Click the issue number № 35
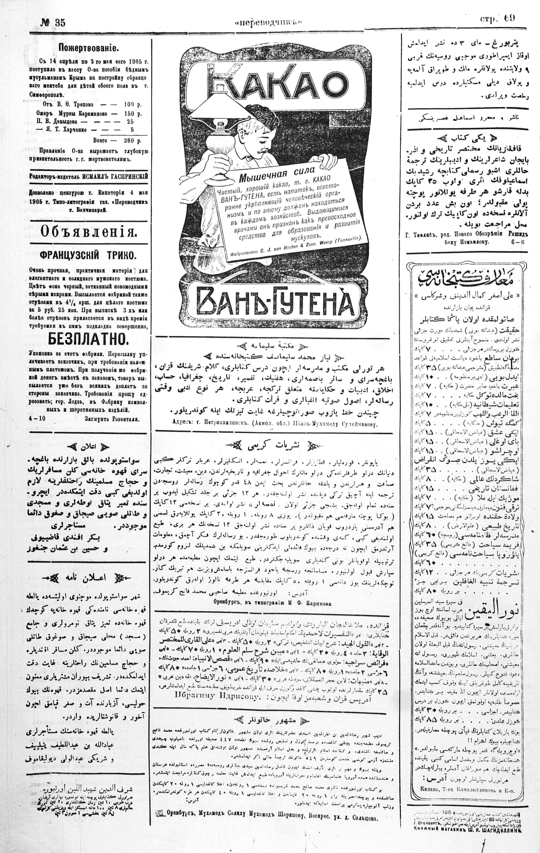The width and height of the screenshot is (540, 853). pyautogui.click(x=52, y=23)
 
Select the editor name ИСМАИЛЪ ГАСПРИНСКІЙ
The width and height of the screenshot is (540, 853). pyautogui.click(x=118, y=176)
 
